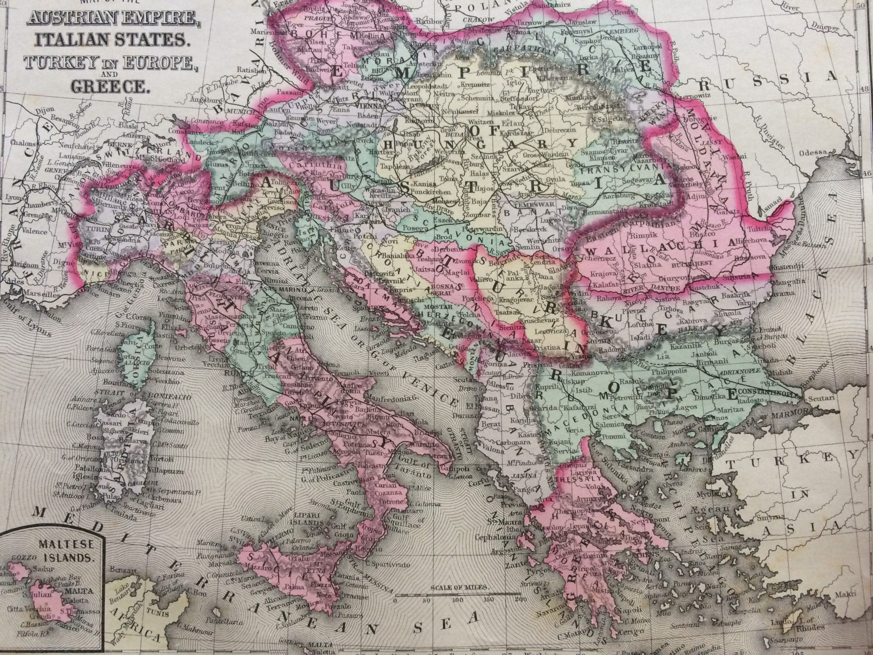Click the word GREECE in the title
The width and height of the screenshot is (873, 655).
(x=109, y=86)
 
